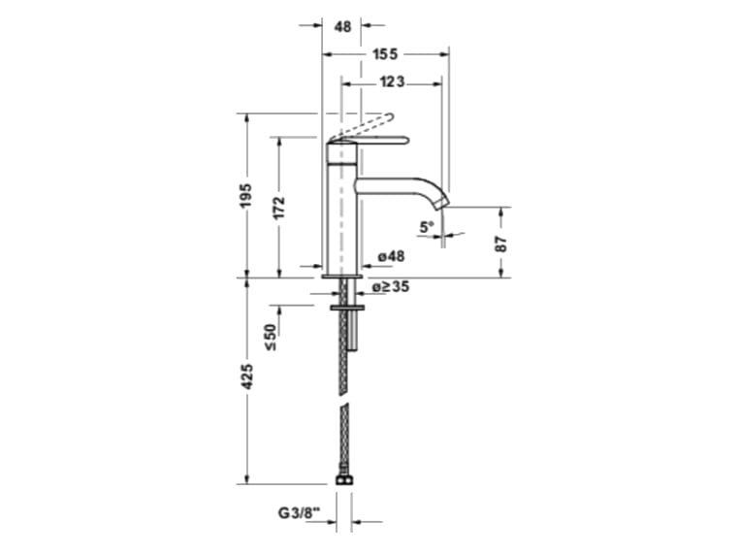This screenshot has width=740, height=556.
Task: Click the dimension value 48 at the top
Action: click(x=342, y=27)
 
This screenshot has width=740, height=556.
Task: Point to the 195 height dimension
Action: click(x=246, y=195)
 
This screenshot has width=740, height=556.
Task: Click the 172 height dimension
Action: click(x=279, y=208)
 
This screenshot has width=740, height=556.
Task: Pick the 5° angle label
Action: click(x=426, y=228)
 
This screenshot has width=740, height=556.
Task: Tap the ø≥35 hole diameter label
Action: click(x=393, y=287)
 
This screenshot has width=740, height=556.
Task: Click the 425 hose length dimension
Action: click(x=246, y=376)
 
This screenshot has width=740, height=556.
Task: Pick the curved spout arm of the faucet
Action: click(x=407, y=185)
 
